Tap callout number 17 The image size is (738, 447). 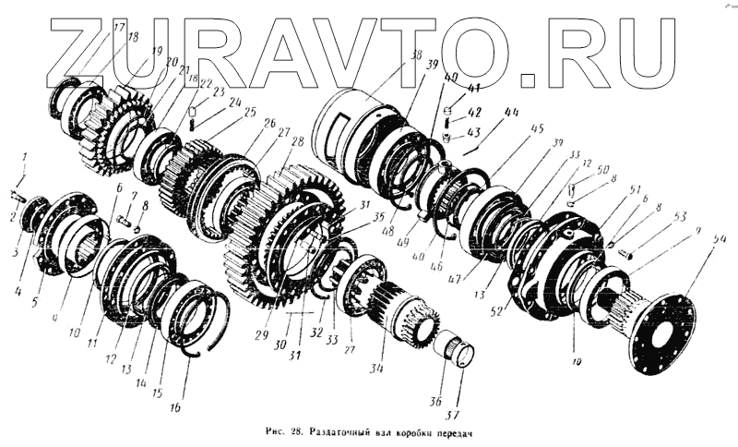point(119,27)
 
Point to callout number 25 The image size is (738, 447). point(251,111)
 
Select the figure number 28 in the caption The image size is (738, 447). point(294,432)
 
